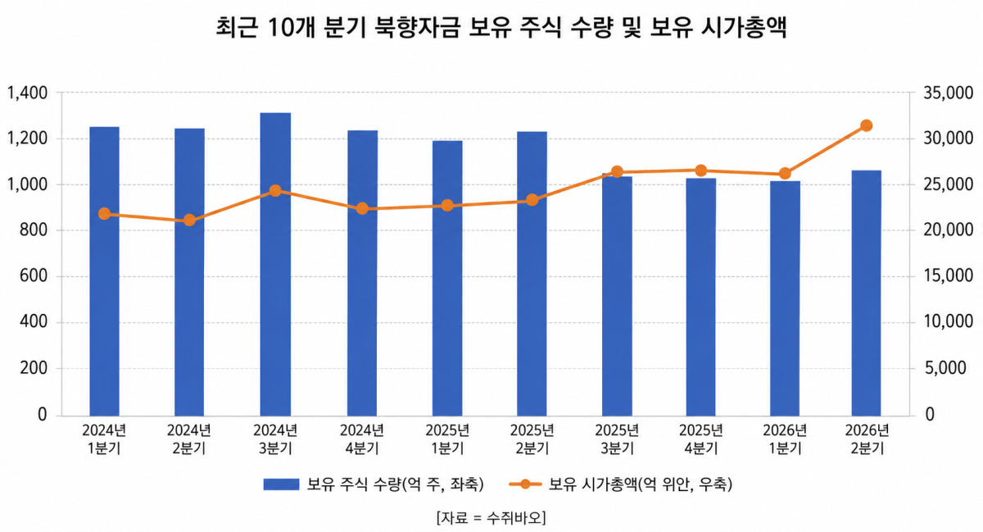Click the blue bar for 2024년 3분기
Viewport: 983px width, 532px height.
(275, 264)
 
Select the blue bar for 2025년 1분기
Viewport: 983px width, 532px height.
(447, 278)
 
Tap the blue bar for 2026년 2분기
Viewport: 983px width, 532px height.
(867, 293)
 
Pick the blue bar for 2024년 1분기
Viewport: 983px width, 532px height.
(105, 271)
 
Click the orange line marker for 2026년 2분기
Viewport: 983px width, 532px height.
(867, 125)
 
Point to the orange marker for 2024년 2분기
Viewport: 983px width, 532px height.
(189, 220)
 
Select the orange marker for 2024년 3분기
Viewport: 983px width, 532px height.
(275, 191)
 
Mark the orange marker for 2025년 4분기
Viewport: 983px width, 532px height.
(701, 171)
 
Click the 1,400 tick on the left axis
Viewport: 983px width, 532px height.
(27, 93)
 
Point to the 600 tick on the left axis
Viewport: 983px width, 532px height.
(34, 276)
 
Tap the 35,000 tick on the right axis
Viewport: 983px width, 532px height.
(948, 93)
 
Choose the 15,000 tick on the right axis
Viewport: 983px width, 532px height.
(948, 276)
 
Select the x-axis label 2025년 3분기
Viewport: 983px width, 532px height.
(617, 439)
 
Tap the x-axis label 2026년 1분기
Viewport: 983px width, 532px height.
(785, 439)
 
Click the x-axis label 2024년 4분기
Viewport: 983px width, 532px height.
(361, 439)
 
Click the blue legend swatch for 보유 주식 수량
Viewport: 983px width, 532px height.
(281, 484)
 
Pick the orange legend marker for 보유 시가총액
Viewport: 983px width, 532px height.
(525, 484)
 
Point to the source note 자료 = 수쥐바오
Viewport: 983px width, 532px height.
(491, 517)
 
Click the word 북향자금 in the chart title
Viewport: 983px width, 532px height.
(416, 27)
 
